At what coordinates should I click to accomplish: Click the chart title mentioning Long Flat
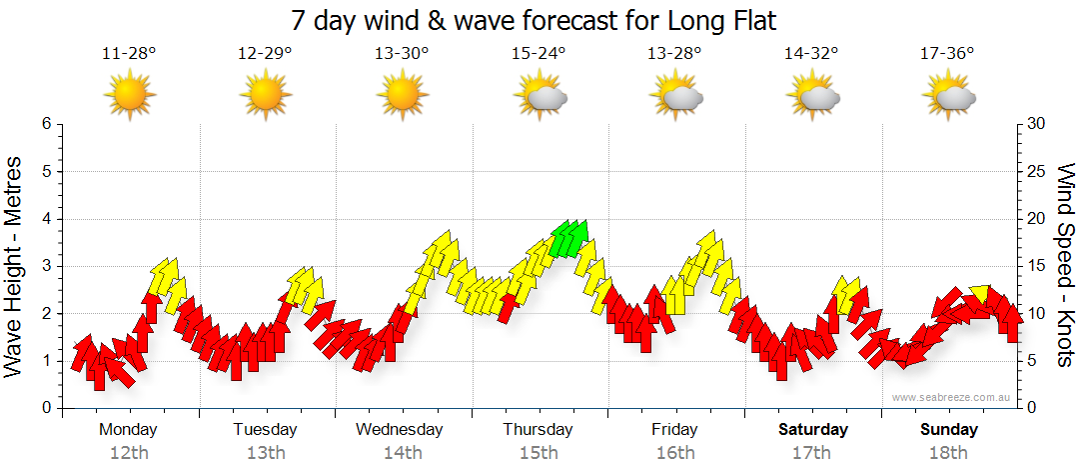point(534,20)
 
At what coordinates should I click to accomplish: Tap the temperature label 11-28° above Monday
point(129,53)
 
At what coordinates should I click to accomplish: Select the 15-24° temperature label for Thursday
point(539,53)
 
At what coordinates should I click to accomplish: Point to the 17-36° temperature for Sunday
point(948,53)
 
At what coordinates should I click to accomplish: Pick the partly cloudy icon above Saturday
point(813,96)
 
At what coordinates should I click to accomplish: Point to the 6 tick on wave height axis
point(45,124)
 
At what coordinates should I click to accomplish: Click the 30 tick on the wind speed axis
point(1037,124)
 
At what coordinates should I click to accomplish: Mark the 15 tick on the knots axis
point(1037,266)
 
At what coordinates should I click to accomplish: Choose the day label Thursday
point(538,429)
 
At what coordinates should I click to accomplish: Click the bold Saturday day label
point(812,429)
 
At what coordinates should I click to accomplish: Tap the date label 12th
point(129,452)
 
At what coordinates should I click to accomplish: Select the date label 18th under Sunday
point(948,452)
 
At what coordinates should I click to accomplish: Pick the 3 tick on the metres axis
point(45,266)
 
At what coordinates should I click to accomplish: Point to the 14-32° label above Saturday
point(811,53)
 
